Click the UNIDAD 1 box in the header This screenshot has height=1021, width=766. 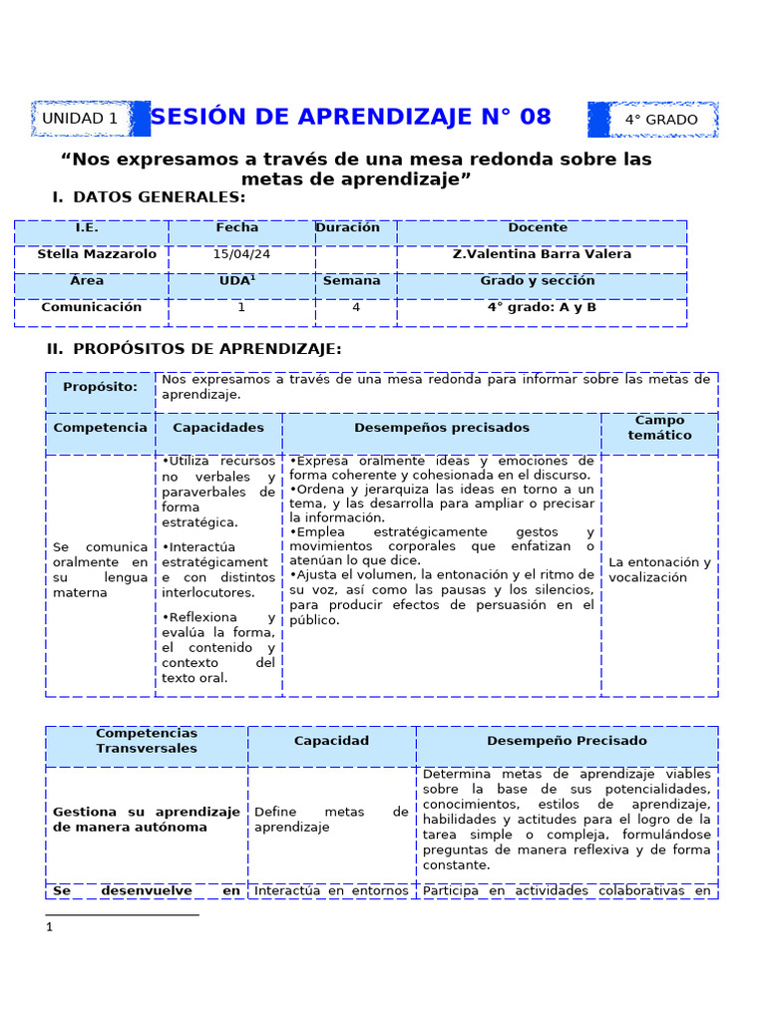[80, 119]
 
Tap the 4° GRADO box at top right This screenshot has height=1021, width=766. [661, 120]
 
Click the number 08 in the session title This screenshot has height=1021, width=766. [529, 117]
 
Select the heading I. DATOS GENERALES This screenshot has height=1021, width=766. [149, 197]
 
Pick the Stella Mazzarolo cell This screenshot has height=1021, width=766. [97, 254]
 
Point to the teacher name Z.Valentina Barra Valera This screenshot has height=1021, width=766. [542, 254]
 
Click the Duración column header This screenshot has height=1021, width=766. [348, 227]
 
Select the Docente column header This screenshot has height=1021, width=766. [538, 227]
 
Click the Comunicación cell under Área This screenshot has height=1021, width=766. [91, 307]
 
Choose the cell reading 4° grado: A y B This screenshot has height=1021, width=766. [542, 307]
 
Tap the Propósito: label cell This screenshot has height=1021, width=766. [100, 387]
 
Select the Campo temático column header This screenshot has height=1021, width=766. [659, 428]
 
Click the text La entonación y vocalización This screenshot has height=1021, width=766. [659, 569]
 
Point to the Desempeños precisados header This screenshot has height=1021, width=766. [442, 428]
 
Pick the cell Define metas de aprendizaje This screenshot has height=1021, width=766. [331, 820]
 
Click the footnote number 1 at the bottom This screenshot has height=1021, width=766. [49, 927]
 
